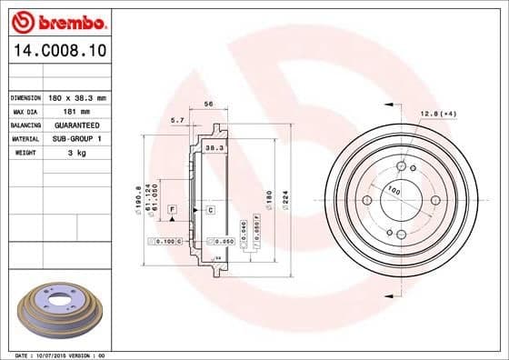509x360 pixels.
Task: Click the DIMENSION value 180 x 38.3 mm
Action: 77,96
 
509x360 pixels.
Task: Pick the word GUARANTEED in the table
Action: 76,125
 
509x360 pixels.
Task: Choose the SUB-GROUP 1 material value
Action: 76,139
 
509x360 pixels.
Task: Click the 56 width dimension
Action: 208,105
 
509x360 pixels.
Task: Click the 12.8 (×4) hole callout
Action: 436,114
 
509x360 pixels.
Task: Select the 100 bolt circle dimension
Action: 394,191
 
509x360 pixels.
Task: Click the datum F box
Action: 170,210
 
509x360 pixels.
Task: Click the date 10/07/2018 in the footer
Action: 52,355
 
